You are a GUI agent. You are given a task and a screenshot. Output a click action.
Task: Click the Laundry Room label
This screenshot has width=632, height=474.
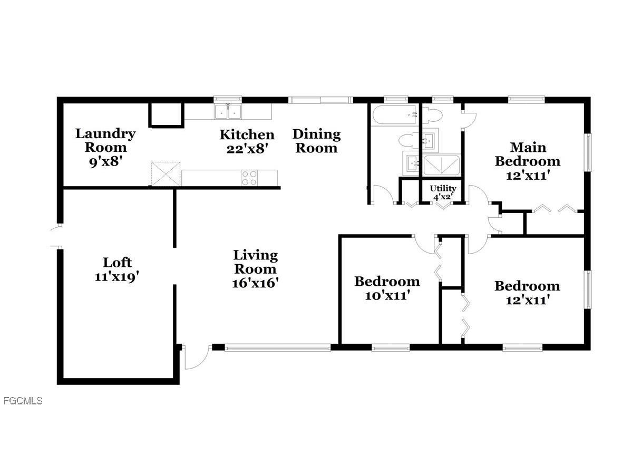click(105, 147)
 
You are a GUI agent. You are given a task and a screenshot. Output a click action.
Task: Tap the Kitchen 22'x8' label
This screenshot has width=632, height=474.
click(247, 141)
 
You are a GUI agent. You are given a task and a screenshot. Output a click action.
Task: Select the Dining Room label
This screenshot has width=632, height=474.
click(316, 141)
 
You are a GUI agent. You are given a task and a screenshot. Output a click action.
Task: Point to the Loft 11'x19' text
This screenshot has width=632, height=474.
click(117, 269)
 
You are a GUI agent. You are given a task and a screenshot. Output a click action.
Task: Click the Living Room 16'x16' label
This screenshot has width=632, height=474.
click(255, 269)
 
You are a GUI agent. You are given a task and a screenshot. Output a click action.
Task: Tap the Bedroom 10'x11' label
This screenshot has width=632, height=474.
click(387, 288)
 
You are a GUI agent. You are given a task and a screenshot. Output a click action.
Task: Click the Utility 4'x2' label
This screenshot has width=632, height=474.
click(443, 192)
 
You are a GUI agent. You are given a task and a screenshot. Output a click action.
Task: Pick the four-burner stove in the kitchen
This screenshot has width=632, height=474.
click(249, 178)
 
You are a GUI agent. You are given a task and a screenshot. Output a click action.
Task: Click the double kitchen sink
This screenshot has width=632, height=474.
click(228, 112)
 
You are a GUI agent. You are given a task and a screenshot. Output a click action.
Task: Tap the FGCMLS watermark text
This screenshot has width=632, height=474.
click(23, 401)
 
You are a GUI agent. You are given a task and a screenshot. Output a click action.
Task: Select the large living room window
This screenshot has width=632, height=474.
click(278, 347)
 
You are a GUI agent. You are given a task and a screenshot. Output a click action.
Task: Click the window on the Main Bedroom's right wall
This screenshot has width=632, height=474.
click(588, 152)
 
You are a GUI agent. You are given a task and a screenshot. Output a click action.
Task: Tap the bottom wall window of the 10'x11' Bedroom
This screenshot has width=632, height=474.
click(391, 347)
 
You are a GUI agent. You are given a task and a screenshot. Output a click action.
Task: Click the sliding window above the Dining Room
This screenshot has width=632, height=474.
click(320, 99)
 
